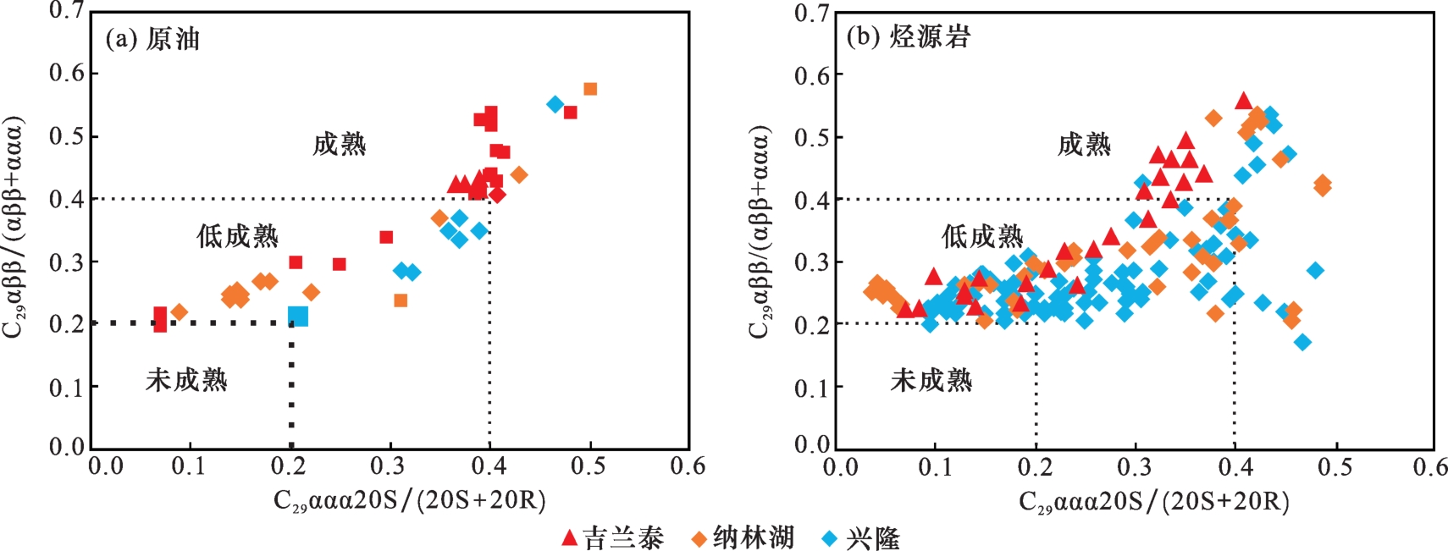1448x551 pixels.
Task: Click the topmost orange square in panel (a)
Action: point(590,89)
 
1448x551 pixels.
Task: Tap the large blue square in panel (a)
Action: point(298,317)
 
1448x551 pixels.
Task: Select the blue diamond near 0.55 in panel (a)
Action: point(555,104)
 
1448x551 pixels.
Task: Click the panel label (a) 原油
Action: point(152,39)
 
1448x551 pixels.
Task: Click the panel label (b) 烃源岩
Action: point(908,37)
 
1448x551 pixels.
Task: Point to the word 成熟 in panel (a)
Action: point(339,145)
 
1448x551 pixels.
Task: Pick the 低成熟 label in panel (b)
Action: point(982,236)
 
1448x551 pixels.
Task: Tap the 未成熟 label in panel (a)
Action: point(186,380)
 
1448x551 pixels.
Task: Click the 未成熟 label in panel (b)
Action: point(931,380)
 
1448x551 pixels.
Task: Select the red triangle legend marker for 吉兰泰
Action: point(570,537)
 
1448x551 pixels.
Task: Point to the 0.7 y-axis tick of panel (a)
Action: point(67,11)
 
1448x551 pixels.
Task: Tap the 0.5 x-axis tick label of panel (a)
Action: point(588,466)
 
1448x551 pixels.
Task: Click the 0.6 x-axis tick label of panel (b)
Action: point(1430,467)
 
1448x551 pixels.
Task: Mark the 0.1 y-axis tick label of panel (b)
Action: point(812,388)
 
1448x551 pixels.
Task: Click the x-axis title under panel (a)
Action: point(409,501)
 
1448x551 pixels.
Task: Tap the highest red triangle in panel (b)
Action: point(1243,101)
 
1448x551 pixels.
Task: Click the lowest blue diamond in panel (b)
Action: point(1303,342)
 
